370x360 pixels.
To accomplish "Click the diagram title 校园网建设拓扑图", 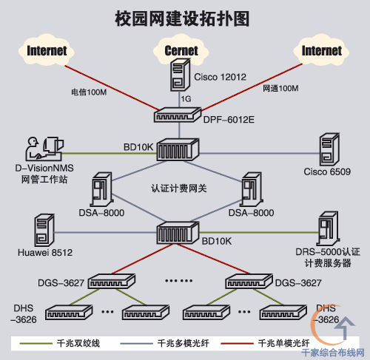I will coord(184,16).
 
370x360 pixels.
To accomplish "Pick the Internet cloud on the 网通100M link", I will coord(322,51).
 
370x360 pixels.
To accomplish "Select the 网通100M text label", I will coord(280,89).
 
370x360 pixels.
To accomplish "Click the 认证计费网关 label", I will coord(178,188).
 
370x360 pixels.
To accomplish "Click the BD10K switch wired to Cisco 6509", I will coord(175,151).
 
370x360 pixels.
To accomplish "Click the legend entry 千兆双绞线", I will coord(82,343).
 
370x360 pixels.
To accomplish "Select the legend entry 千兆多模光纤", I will coord(182,343).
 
